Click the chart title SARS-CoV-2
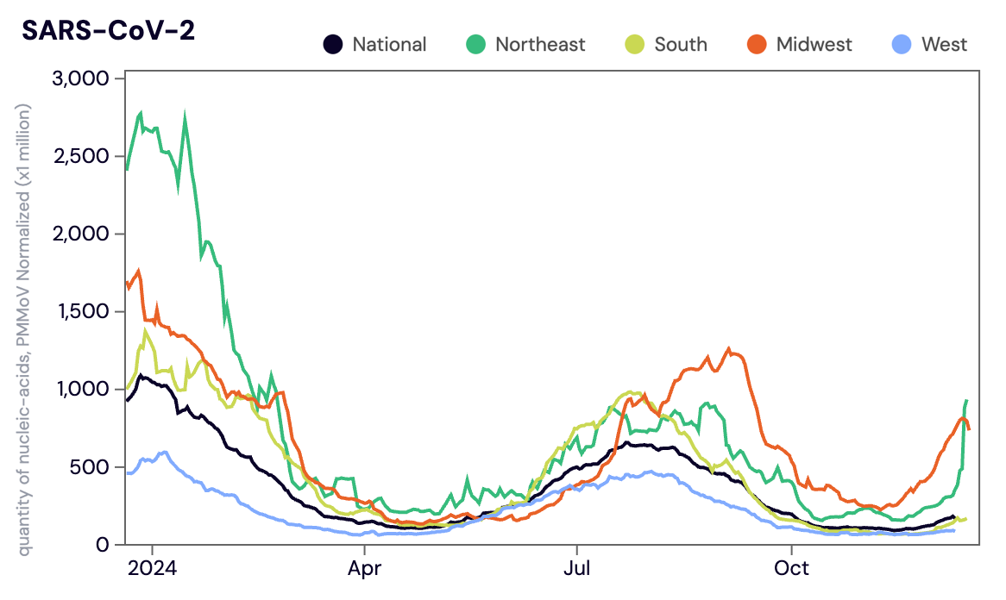point(108,29)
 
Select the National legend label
point(389,45)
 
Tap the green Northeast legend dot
point(476,44)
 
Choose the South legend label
point(681,45)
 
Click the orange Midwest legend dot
point(758,44)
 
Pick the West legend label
point(944,45)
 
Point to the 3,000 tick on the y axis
point(80,79)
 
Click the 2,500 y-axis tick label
point(80,157)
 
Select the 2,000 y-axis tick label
point(80,234)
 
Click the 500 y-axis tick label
point(90,467)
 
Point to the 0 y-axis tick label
point(102,545)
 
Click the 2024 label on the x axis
point(152,570)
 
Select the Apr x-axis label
point(364,570)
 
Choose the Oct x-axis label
point(791,570)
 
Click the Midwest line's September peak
point(729,349)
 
